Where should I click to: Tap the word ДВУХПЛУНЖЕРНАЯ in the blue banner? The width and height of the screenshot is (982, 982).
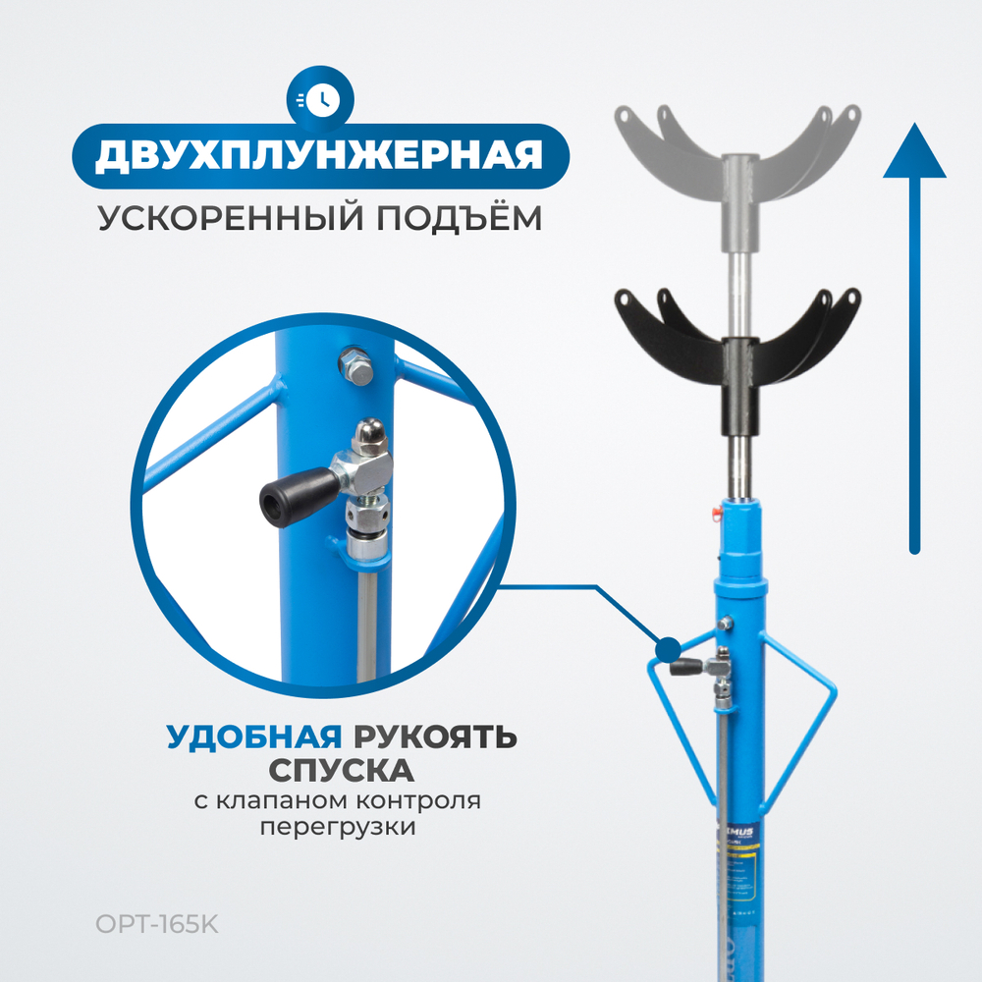pyautogui.click(x=320, y=155)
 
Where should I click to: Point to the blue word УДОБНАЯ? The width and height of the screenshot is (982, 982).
pyautogui.click(x=253, y=736)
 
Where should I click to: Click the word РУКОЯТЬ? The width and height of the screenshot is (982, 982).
pyautogui.click(x=433, y=736)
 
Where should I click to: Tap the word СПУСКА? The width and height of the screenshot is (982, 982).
pyautogui.click(x=343, y=767)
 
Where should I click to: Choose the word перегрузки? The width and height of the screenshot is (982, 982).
pyautogui.click(x=337, y=827)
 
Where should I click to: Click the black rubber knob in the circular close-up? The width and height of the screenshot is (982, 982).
pyautogui.click(x=285, y=497)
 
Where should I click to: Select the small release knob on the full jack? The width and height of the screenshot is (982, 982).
pyautogui.click(x=683, y=667)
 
